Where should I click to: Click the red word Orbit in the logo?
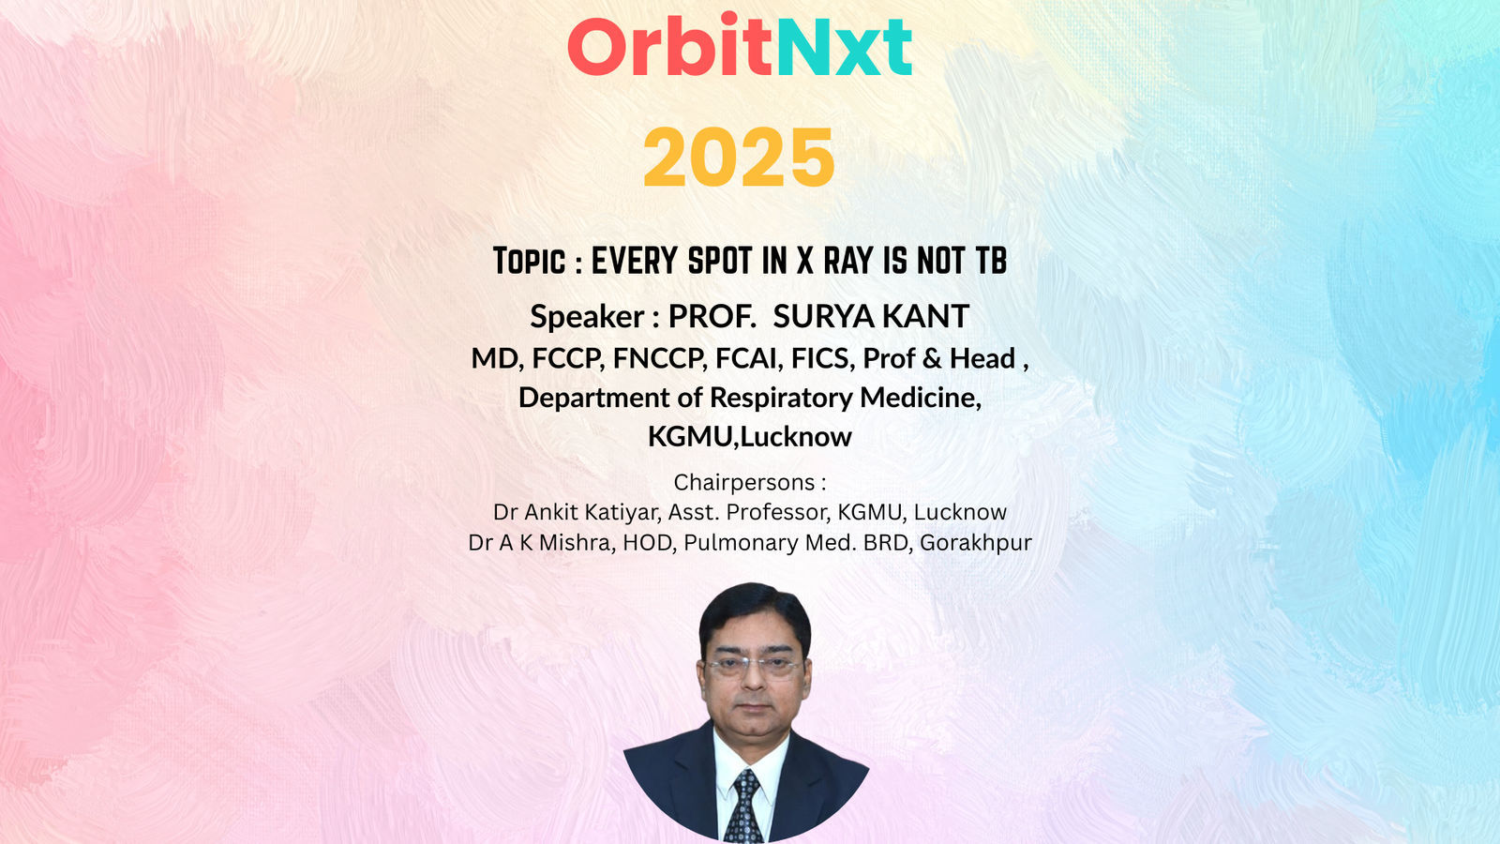point(670,45)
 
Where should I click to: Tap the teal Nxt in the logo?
point(845,46)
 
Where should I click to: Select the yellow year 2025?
point(739,158)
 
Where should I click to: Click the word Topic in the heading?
point(529,262)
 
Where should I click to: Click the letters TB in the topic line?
point(991,261)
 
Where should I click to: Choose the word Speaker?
point(587,316)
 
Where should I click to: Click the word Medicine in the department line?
point(921,398)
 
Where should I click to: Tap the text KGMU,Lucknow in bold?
point(750,437)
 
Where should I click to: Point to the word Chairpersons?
point(744,482)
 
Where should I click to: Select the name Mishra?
point(577,543)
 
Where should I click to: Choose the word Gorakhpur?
point(976,543)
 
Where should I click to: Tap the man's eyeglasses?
point(754,667)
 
